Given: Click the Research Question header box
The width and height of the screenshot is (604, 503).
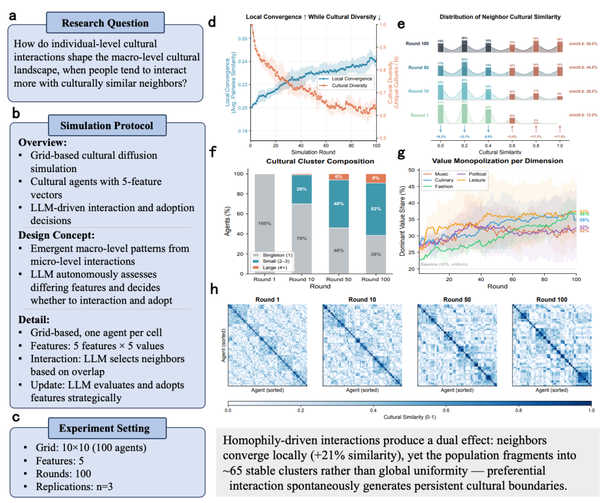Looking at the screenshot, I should [105, 23].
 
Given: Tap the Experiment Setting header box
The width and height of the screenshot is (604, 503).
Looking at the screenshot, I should [105, 428].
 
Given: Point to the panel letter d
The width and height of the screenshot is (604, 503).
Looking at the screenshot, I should [212, 23].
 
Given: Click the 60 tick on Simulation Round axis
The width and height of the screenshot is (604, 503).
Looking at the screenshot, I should [323, 145].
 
